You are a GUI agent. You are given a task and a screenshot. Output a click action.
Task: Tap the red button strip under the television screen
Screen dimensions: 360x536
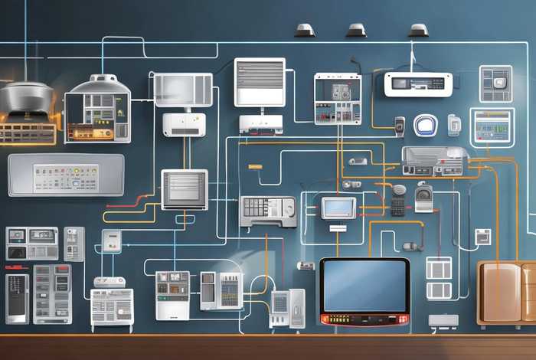click(364, 319)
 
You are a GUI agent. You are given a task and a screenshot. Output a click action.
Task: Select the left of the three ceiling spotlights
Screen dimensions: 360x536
click(305, 31)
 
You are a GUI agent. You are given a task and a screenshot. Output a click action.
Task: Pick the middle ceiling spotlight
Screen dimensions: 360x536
click(356, 31)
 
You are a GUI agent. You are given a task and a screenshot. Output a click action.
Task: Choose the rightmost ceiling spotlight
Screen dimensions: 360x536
click(418, 31)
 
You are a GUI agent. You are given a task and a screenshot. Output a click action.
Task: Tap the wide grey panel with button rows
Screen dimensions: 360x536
click(66, 175)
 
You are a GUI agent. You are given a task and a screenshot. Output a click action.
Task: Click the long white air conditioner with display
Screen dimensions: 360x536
click(418, 84)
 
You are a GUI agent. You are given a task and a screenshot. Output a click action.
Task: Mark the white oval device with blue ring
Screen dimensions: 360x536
click(425, 126)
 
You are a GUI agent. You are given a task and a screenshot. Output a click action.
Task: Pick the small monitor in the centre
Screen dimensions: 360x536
click(338, 208)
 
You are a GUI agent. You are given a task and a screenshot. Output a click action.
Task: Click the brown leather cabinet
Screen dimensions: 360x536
click(505, 291)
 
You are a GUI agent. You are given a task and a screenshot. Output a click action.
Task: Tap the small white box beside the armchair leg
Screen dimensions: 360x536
click(443, 321)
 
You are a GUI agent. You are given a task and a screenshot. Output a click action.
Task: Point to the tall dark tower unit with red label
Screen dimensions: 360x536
click(17, 298)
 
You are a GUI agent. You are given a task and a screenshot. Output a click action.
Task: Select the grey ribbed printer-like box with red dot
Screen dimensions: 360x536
click(434, 160)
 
